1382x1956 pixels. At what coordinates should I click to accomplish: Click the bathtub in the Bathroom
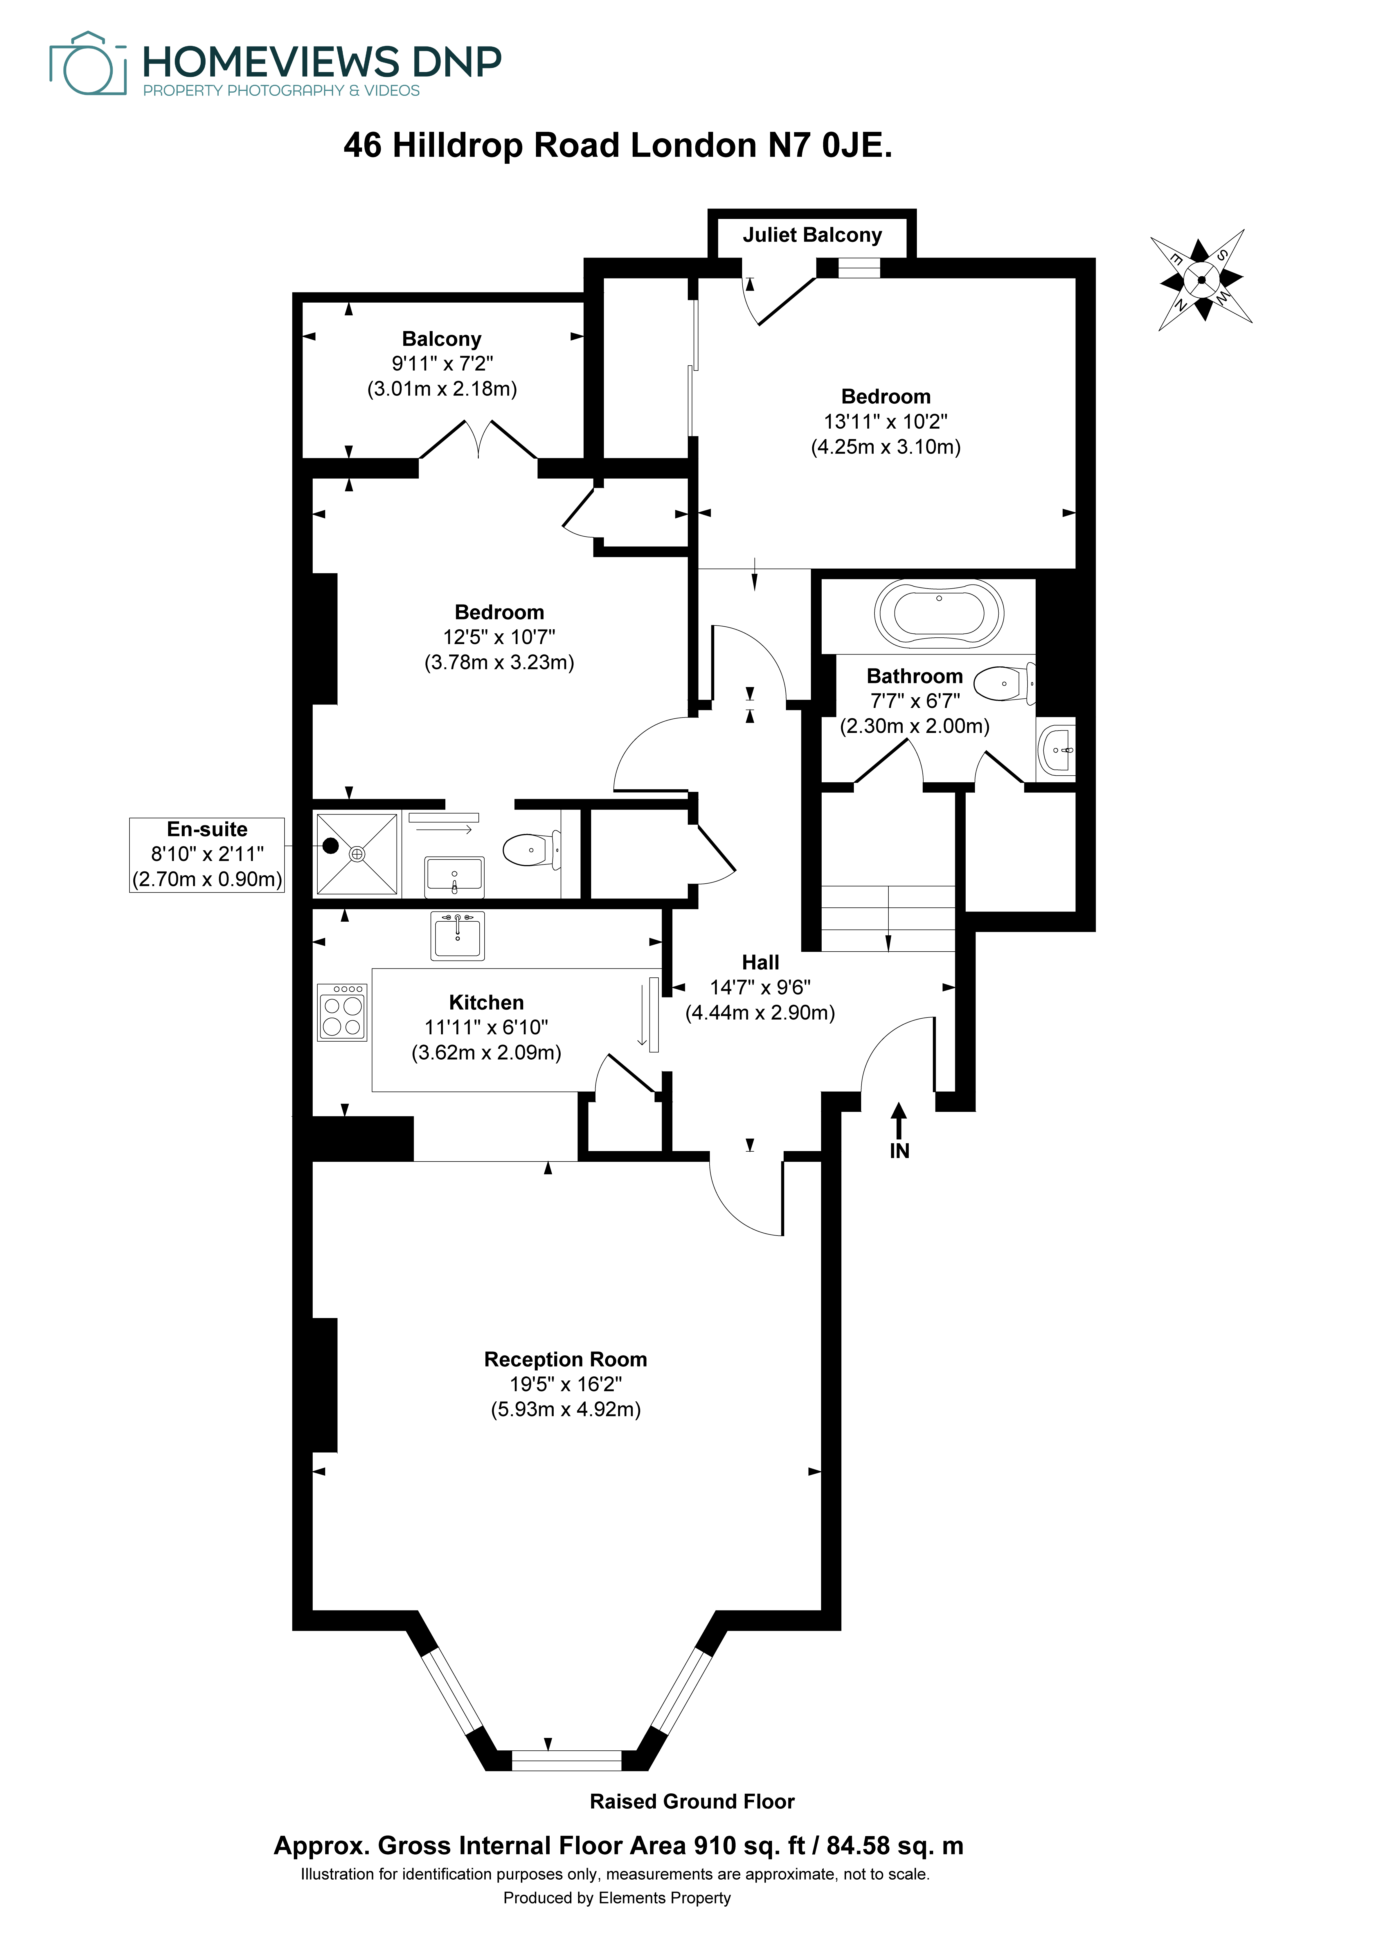point(939,613)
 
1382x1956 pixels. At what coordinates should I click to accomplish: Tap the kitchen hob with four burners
point(343,1012)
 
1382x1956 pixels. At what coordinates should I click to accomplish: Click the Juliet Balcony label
point(812,235)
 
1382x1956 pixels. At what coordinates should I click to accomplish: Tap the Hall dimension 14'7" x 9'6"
point(760,987)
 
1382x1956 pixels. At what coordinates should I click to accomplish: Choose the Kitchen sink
point(458,935)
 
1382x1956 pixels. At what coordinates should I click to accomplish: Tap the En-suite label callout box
point(207,855)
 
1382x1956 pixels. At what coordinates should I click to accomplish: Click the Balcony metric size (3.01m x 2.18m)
point(442,389)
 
